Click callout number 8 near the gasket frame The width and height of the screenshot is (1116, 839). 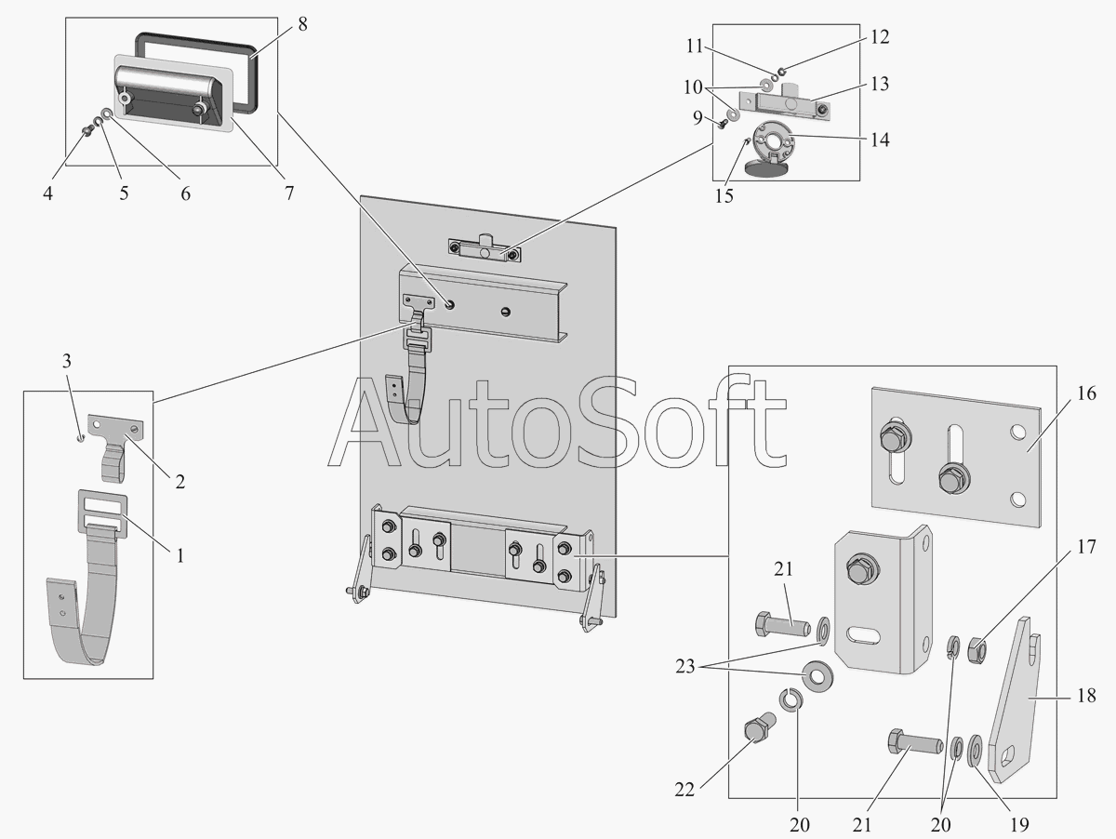pos(302,24)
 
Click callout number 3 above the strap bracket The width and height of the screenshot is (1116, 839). pos(66,361)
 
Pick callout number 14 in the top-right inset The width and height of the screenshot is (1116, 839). pos(880,140)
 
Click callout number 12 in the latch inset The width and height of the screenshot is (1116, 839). pos(880,37)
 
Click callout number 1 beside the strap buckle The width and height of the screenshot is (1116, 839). pos(180,556)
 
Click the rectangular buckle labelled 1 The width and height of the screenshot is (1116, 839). pos(102,511)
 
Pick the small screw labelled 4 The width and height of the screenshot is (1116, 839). pos(86,130)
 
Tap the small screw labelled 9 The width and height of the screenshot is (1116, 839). pos(722,123)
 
